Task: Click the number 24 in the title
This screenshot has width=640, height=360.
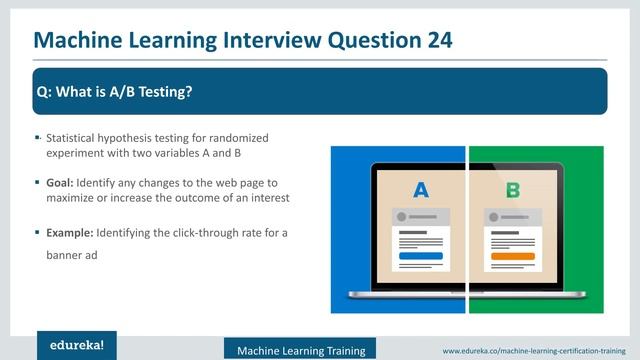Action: click(434, 39)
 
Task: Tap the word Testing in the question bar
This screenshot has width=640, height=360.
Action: click(162, 92)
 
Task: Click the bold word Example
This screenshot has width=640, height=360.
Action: click(70, 233)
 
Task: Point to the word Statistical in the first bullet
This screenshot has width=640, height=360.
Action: click(74, 136)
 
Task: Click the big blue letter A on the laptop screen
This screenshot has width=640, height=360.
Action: click(420, 190)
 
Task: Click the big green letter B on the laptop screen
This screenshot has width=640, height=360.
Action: click(512, 190)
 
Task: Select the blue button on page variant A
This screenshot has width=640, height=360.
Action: click(420, 256)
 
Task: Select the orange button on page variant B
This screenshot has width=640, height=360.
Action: click(512, 256)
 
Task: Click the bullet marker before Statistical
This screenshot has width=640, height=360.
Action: click(37, 136)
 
